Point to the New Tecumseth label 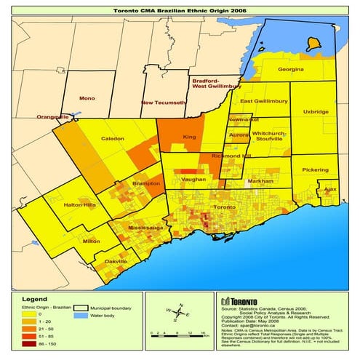[163, 103]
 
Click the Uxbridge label [316, 112]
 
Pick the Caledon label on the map [112, 137]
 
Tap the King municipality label [189, 136]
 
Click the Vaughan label [193, 179]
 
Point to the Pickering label [315, 169]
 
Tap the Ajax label [330, 188]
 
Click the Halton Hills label [80, 207]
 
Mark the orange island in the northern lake [313, 44]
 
